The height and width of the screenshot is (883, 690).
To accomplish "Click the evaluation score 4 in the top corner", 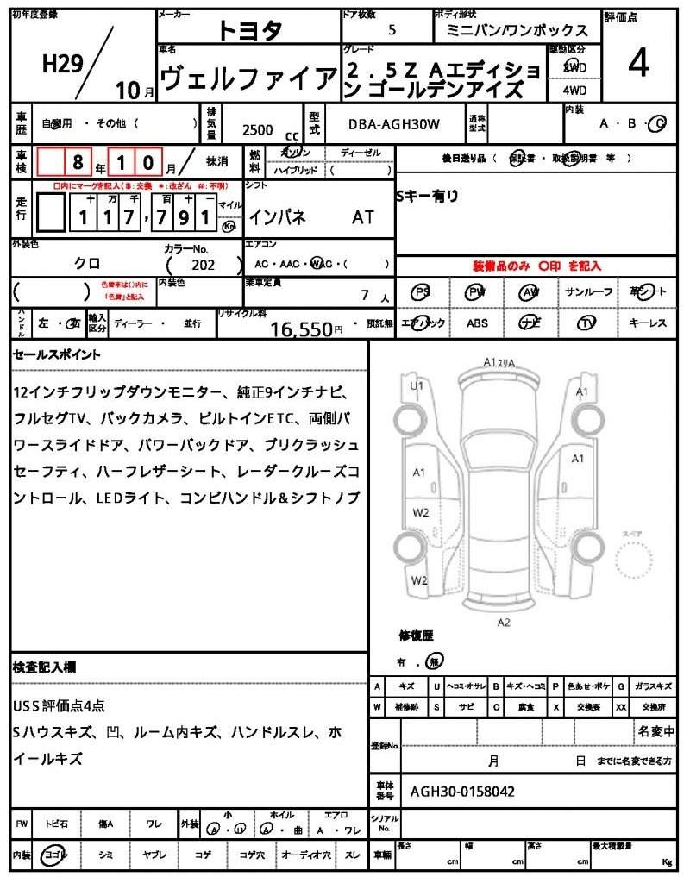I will point(638,65).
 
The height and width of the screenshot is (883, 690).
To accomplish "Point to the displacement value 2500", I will point(257,129).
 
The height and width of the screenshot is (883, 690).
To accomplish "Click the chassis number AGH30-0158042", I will point(462,790).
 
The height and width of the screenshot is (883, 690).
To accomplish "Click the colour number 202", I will point(203,265).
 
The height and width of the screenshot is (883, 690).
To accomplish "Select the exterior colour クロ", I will point(86,265).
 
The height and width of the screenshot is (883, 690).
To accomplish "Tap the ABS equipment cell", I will point(477,323).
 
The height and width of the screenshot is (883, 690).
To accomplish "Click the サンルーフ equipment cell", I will point(588,292).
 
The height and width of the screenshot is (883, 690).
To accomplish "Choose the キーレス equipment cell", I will point(648,323).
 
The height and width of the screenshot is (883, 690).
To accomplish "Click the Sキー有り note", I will point(428,197).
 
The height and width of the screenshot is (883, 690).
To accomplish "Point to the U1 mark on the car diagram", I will point(417,385).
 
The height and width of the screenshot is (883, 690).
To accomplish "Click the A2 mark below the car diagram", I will point(505,621).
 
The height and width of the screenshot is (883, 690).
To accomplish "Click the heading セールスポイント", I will point(57,354).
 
